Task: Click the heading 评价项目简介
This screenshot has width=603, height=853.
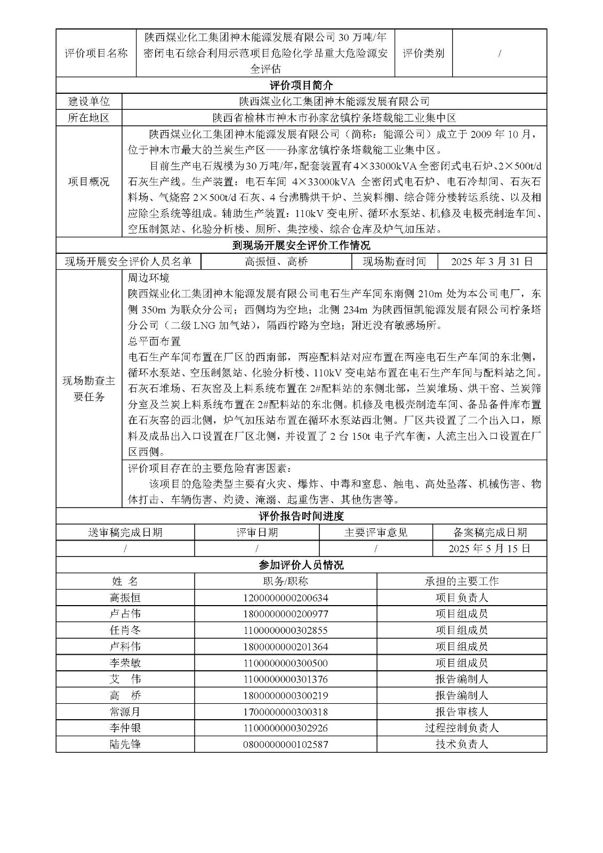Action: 301,85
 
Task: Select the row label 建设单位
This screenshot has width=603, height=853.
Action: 89,102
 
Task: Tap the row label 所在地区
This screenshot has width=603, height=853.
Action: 89,118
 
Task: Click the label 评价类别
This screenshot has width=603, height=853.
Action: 423,53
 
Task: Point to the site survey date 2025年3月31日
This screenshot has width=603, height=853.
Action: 492,262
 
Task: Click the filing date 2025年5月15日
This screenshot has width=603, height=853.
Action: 489,549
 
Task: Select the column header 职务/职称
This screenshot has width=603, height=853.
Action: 285,582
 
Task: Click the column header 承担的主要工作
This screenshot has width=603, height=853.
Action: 461,582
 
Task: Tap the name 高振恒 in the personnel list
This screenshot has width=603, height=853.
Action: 125,598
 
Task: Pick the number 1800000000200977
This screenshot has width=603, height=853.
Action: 285,614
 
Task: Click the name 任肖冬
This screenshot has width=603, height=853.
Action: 125,630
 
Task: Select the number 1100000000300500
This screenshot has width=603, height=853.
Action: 285,663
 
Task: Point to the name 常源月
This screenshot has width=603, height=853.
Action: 125,712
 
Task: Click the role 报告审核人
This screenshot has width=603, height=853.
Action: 461,712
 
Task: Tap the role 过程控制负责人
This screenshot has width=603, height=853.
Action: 461,728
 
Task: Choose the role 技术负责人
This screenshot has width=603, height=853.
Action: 461,744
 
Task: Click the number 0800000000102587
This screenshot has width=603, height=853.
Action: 285,744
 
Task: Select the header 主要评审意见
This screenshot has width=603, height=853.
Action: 376,533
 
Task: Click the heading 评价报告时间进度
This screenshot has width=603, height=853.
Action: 301,516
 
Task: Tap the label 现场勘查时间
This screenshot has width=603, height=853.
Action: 394,262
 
